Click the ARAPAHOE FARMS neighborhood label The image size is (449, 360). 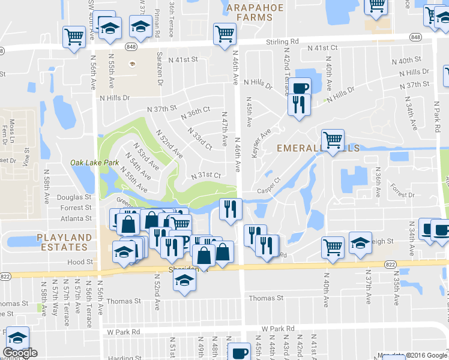click(x=250, y=12)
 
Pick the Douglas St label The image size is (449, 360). click(x=74, y=197)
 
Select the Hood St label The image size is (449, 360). click(x=81, y=262)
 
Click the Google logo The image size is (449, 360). click(x=20, y=353)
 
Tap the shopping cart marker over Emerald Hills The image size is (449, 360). click(x=332, y=140)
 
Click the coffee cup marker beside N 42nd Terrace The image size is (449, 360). click(x=301, y=88)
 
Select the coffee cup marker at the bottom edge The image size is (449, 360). click(x=240, y=352)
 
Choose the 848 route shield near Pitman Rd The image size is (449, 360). click(x=131, y=46)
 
